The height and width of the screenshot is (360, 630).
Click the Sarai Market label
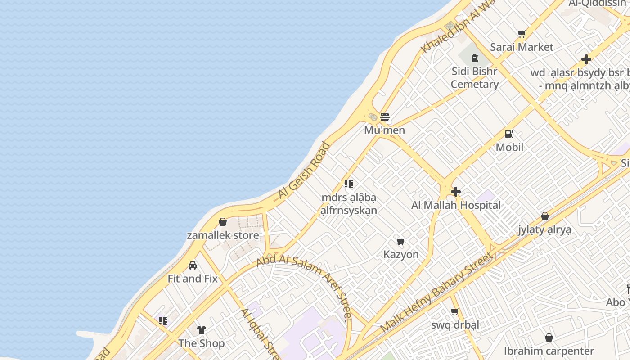522,47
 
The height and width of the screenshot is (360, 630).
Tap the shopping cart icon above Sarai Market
522,34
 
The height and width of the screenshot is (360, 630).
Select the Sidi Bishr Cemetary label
475,77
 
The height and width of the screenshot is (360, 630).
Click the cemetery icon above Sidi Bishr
474,58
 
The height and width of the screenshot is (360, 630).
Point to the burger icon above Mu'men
385,117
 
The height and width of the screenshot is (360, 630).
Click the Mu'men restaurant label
385,130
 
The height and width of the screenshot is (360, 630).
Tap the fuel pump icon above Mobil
509,134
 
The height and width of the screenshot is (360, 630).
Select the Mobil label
510,147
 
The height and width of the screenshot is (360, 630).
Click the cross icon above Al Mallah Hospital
456,192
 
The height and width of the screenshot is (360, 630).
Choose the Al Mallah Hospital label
456,205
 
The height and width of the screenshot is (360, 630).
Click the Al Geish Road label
304,171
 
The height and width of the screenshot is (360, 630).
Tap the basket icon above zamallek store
223,222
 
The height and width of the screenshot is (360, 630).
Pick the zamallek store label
223,235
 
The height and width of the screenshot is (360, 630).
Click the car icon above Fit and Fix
193,265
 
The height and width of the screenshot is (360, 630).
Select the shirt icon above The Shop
201,330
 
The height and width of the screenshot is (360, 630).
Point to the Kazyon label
401,254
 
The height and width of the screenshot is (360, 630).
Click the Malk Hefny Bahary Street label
436,292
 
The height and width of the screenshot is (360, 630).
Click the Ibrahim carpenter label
549,351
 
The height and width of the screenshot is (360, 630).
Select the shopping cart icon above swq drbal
455,312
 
